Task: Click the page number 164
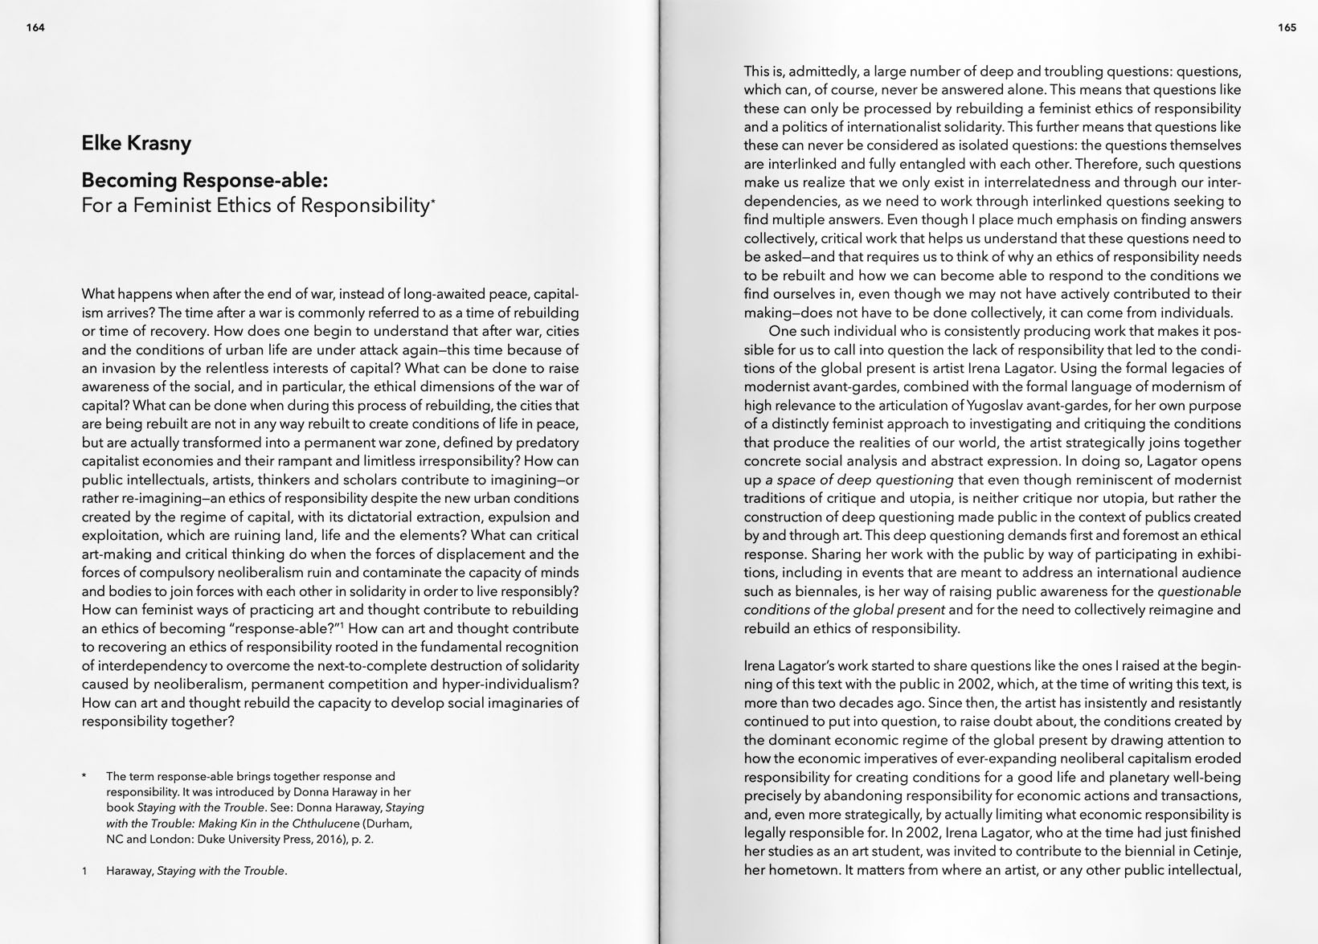point(35,27)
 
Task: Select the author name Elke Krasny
point(136,143)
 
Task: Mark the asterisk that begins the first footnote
point(84,777)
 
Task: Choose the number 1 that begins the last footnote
point(84,871)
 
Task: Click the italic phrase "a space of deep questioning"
point(859,480)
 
